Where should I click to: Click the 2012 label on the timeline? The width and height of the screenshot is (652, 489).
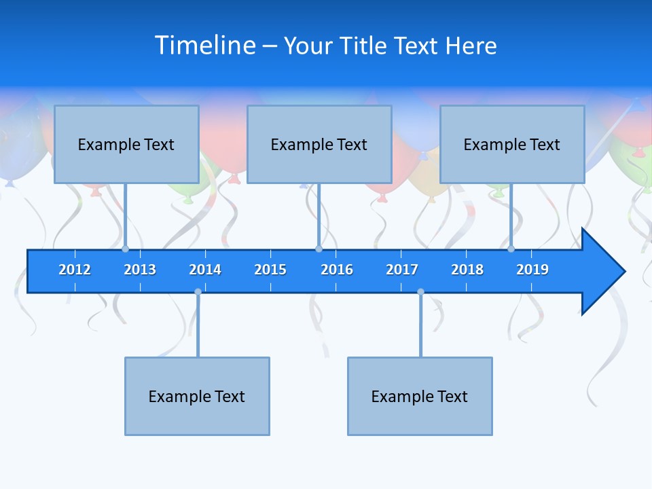click(75, 270)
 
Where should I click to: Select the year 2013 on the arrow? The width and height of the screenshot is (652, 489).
click(140, 270)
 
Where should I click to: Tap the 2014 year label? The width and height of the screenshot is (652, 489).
click(205, 270)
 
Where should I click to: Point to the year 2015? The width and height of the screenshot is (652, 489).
click(270, 270)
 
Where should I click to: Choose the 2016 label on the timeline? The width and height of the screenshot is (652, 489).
click(337, 270)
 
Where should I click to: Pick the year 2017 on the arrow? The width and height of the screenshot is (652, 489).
click(402, 270)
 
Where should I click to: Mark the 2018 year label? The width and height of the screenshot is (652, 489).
click(467, 270)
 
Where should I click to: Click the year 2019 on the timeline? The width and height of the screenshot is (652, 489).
click(532, 270)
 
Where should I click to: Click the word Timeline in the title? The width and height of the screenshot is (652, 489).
click(205, 46)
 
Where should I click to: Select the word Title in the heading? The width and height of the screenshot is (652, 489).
click(364, 46)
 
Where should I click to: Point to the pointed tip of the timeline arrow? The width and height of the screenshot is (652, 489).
click(623, 272)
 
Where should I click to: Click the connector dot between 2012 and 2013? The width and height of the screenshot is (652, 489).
click(126, 249)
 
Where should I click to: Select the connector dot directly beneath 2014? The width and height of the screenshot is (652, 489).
click(198, 292)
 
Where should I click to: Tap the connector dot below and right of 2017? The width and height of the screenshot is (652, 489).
click(420, 292)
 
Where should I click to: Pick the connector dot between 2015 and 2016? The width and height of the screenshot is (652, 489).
click(319, 249)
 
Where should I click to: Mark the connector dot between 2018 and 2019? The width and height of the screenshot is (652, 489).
click(511, 249)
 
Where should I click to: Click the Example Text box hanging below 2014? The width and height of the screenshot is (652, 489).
click(197, 396)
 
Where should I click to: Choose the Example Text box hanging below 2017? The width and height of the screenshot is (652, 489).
click(420, 396)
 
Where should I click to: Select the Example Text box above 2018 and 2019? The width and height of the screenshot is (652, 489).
click(512, 144)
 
